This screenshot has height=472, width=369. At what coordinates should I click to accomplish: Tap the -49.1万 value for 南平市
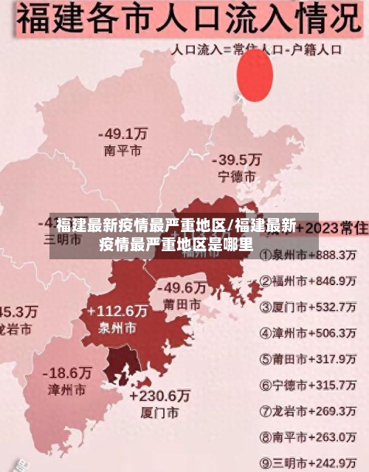tap(123, 134)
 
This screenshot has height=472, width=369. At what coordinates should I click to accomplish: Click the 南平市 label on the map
tap(123, 151)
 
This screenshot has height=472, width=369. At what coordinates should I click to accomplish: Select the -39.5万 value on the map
tap(237, 160)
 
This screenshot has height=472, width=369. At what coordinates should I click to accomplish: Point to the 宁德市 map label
tap(237, 177)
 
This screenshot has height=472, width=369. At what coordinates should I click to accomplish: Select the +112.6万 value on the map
tap(117, 311)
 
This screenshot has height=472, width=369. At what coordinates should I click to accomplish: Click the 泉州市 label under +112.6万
tap(117, 327)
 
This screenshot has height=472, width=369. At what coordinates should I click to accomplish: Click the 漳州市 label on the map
tap(66, 389)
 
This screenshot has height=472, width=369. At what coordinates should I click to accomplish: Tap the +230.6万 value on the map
tap(159, 395)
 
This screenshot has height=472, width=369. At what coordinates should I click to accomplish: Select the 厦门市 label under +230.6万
tap(159, 412)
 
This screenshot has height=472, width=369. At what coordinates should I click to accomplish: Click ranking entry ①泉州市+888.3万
tap(308, 255)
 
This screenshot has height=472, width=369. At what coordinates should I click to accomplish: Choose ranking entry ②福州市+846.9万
tap(308, 281)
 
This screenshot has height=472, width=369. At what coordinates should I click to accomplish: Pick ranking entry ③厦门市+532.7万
tap(308, 307)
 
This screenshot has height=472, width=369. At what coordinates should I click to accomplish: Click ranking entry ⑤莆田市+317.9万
tap(308, 359)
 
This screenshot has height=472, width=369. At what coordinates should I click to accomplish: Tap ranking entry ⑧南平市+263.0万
tap(308, 437)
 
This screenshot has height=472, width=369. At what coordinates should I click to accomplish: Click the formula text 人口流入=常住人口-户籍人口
tap(257, 51)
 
